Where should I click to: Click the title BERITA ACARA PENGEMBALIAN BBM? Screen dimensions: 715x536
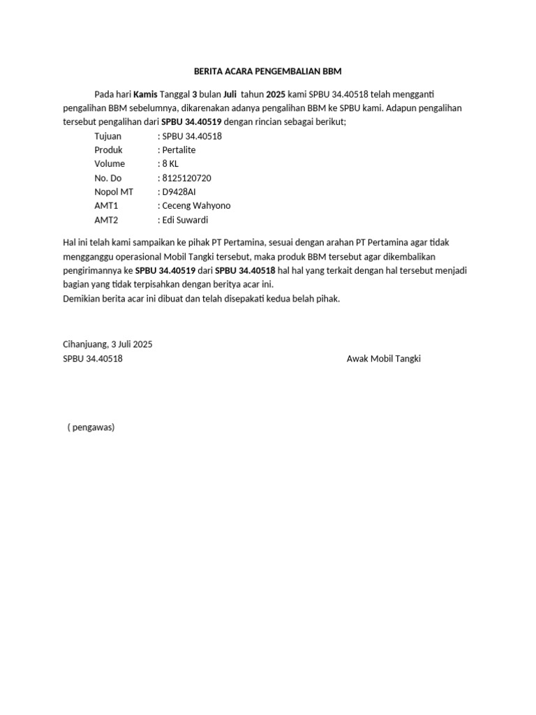268,72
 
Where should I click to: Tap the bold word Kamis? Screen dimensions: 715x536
145,94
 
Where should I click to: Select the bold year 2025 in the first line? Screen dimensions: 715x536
276,94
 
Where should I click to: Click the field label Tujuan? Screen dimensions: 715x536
107,136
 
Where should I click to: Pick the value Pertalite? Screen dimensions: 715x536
179,150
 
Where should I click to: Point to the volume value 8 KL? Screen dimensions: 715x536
170,164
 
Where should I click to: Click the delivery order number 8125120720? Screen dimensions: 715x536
186,178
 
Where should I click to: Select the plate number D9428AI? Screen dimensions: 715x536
181,192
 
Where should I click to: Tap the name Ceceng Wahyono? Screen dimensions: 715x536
195,206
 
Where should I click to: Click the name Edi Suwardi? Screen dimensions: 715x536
185,220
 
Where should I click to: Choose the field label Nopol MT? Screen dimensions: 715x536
113,192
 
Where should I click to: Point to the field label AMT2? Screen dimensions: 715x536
106,220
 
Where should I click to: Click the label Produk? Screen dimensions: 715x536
108,150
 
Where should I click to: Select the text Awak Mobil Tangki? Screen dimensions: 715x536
384,359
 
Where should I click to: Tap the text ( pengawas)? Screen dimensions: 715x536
91,427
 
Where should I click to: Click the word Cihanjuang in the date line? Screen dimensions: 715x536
84,344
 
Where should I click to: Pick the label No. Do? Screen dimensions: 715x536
107,178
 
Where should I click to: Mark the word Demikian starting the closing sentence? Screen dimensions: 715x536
82,298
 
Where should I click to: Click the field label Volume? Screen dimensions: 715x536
110,164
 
